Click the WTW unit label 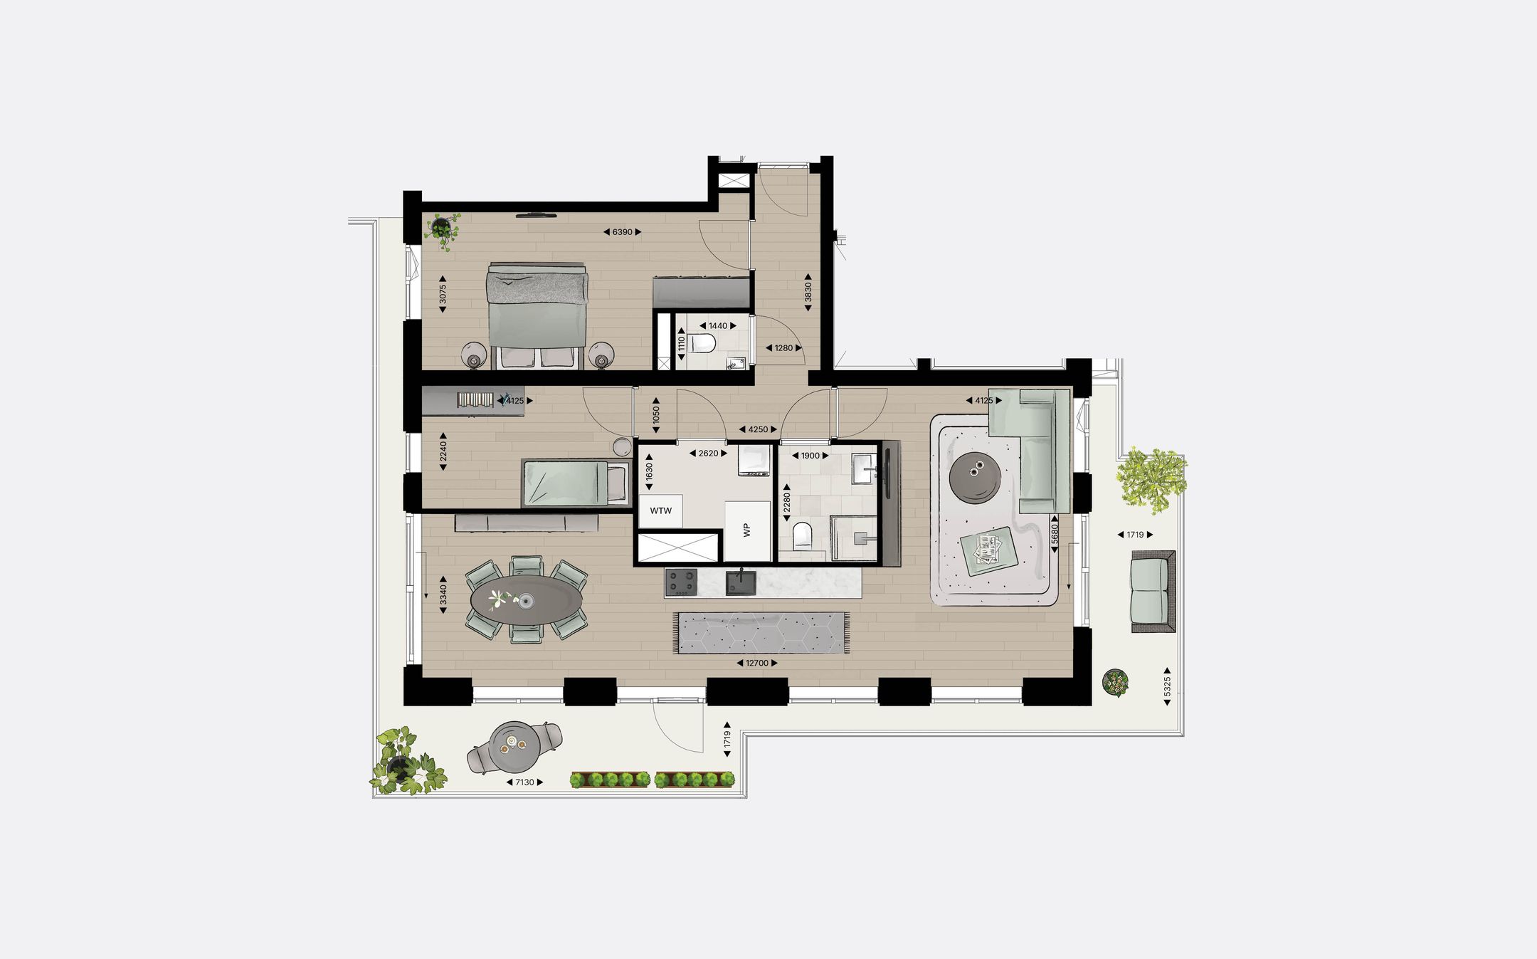coord(660,510)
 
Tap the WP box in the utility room coord(747,530)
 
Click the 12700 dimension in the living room coord(756,663)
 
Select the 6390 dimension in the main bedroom coord(622,232)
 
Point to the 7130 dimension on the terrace coord(524,782)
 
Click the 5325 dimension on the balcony coord(1167,686)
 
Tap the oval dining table coord(526,601)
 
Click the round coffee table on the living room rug coord(976,477)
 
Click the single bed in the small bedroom coord(576,483)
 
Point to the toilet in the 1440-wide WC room coord(703,344)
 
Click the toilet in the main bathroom coord(802,535)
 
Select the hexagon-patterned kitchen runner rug coord(761,632)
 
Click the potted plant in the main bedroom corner coord(443,229)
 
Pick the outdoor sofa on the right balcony coord(1153,590)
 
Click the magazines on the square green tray coord(988,547)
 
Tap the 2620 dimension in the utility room coord(708,454)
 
